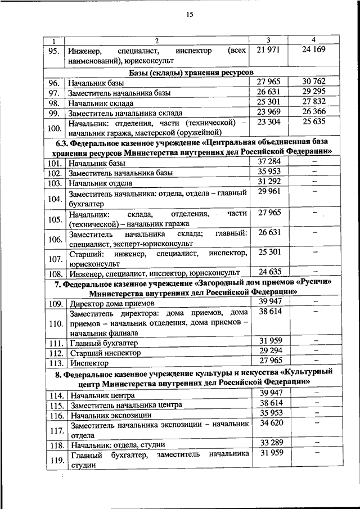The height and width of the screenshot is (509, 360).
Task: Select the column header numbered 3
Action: (x=268, y=40)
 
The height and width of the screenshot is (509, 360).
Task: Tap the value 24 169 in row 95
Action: (x=313, y=51)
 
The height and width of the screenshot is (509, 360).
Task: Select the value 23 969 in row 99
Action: (x=268, y=111)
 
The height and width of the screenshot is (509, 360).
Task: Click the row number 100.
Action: (x=54, y=128)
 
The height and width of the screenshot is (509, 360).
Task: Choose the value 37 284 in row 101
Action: (x=268, y=161)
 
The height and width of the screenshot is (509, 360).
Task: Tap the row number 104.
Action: (x=54, y=199)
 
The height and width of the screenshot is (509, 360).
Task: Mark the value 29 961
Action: (x=268, y=193)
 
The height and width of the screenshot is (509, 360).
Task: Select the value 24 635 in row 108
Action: (x=268, y=272)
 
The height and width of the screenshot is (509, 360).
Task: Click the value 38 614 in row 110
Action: (x=268, y=312)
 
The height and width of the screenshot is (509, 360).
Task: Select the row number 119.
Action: (x=54, y=460)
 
